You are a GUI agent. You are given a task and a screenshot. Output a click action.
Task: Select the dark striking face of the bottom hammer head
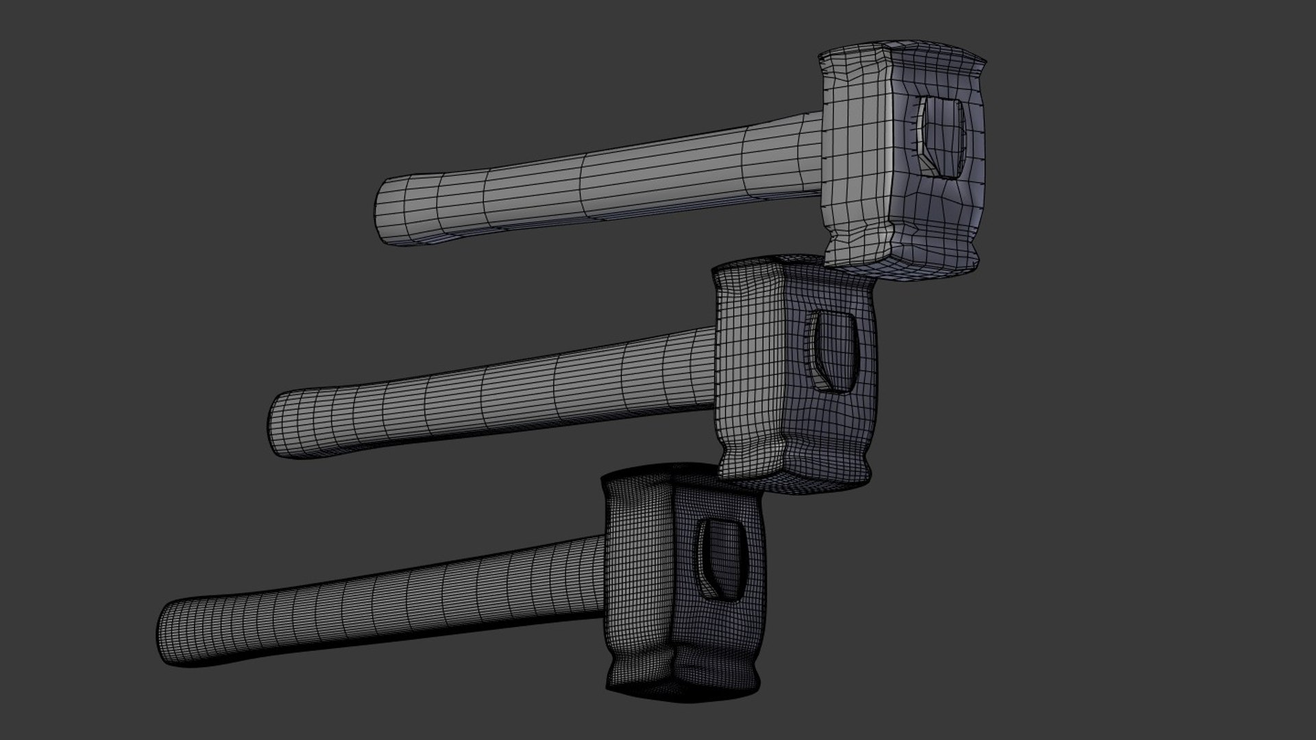[637, 582]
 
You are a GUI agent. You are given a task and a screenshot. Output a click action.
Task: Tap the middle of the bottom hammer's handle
[384, 603]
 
